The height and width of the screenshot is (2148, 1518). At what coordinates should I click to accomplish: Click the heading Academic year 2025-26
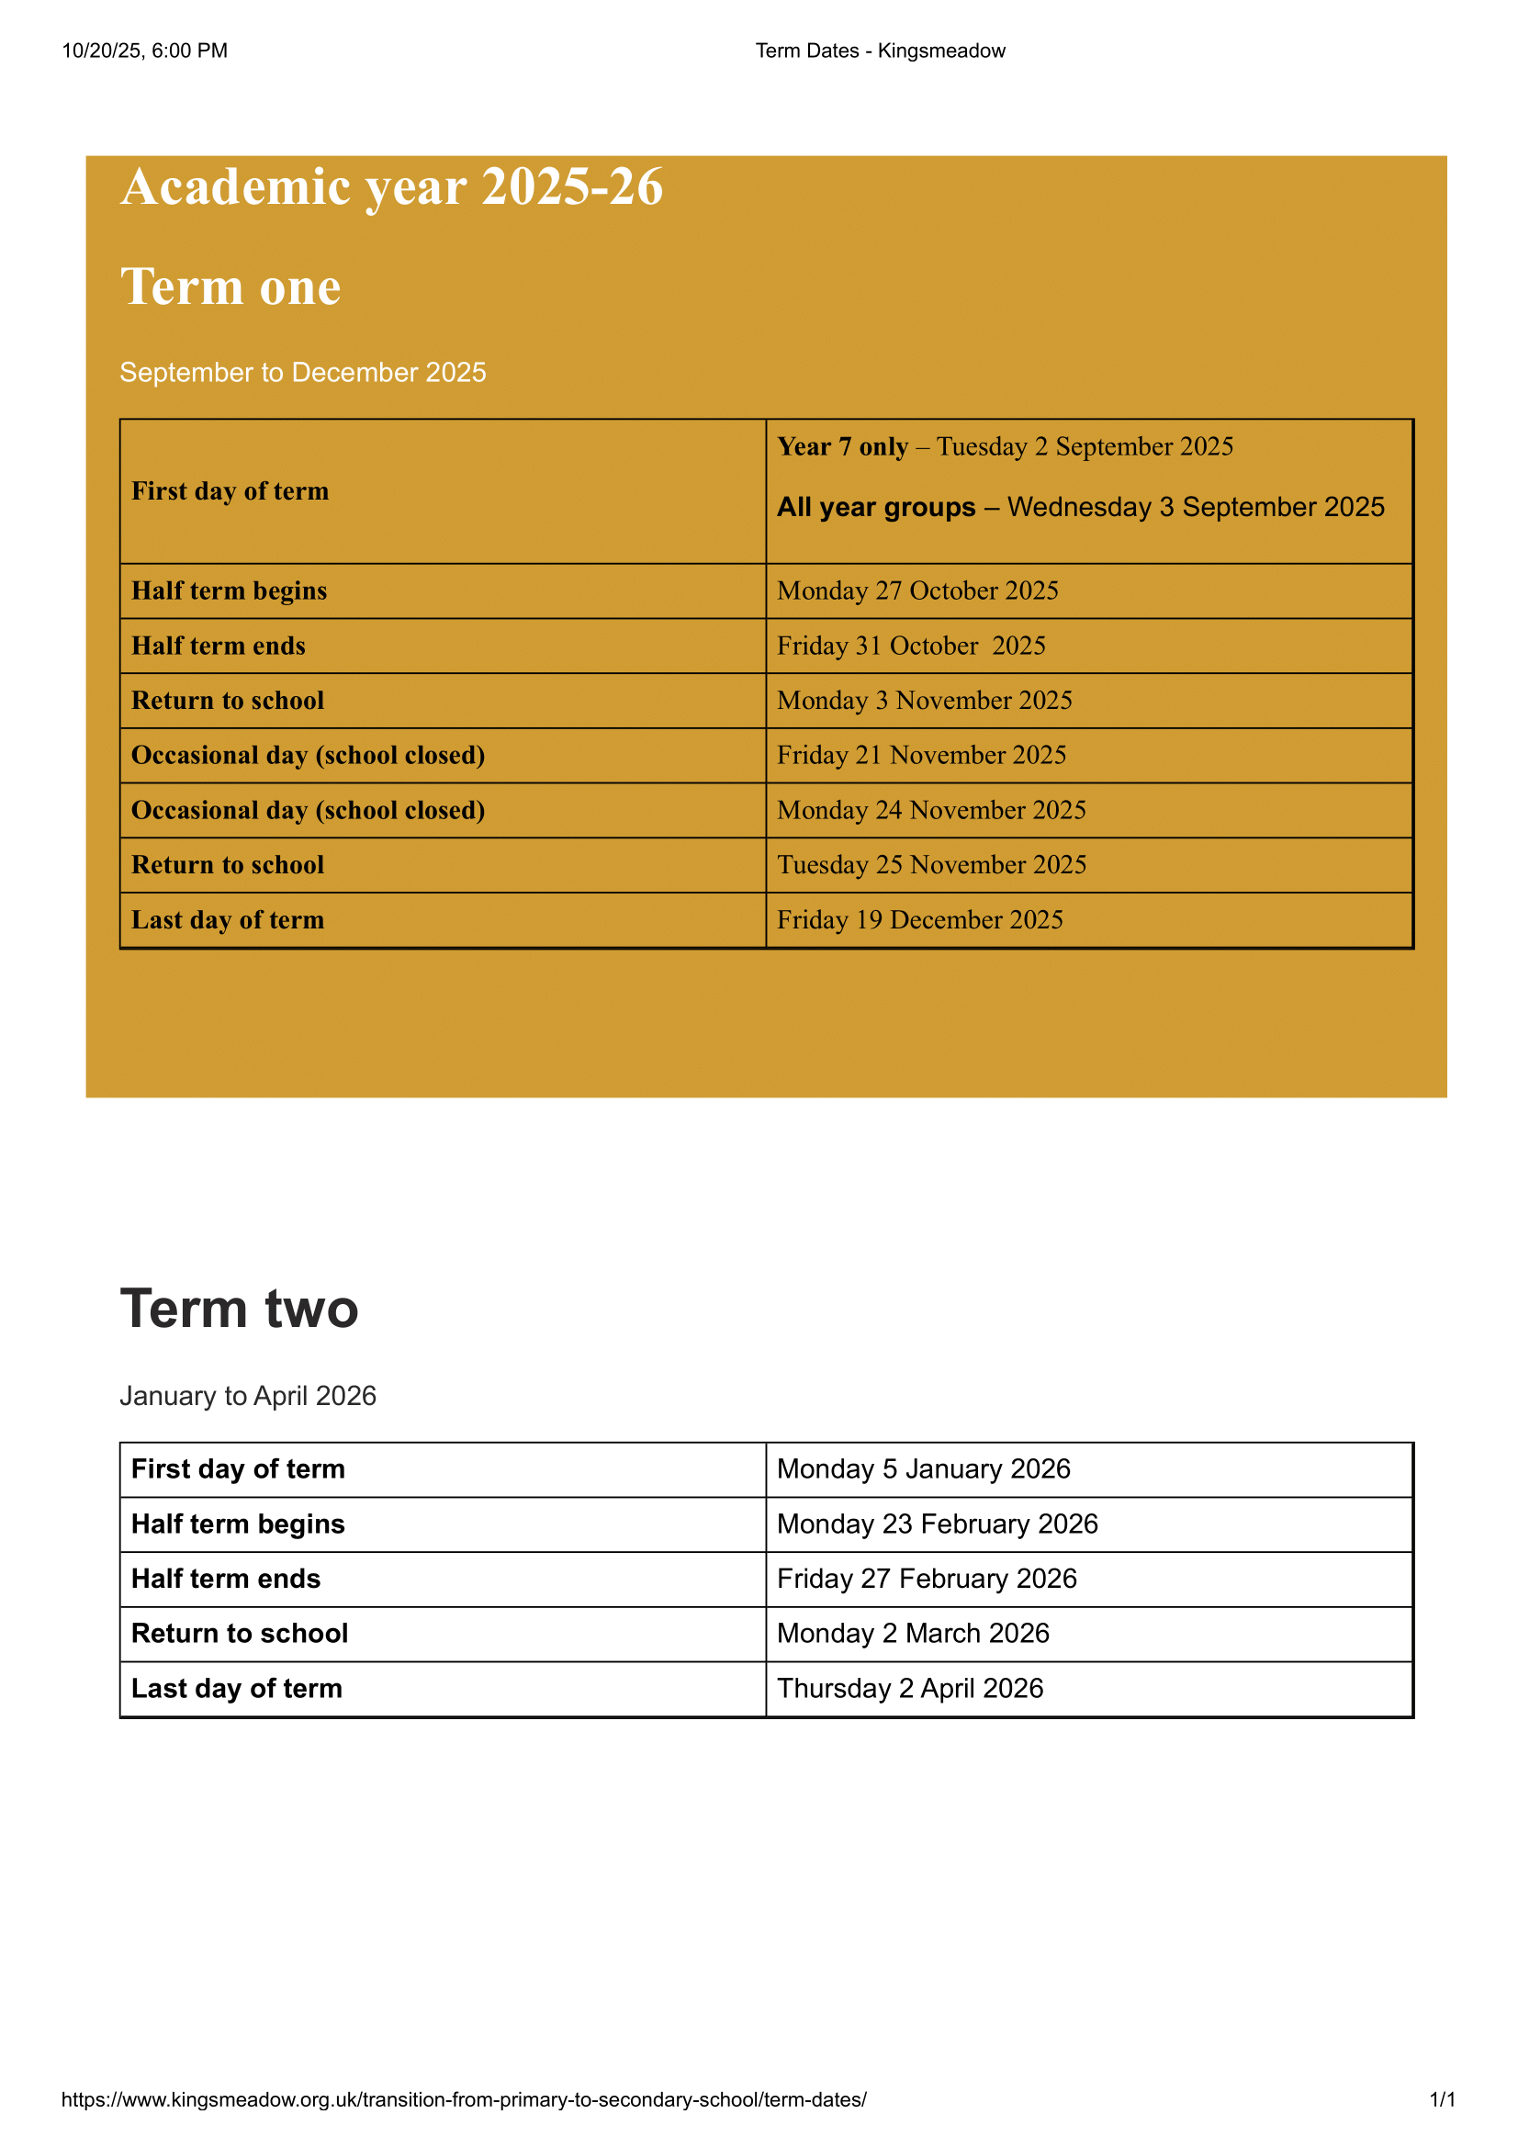[392, 187]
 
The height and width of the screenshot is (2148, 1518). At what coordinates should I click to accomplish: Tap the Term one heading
[231, 287]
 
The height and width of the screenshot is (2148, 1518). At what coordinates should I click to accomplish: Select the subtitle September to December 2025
[303, 372]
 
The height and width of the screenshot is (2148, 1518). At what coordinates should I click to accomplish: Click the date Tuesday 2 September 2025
[1085, 447]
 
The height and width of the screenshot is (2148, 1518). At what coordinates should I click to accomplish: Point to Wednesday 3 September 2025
[1196, 507]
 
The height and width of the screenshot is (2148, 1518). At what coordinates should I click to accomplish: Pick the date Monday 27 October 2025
[917, 591]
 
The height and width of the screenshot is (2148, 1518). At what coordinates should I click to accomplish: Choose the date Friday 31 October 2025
[911, 647]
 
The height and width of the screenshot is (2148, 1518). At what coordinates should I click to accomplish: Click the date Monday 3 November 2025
[924, 701]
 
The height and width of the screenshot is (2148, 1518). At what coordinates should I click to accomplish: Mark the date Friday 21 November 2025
[921, 756]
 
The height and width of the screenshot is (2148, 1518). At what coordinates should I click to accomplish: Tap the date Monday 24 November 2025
[931, 810]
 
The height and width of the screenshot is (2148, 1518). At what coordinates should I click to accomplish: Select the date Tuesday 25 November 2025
[931, 865]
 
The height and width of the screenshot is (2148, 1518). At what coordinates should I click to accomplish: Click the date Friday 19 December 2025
[919, 920]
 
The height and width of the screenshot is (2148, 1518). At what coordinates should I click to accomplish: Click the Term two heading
[240, 1309]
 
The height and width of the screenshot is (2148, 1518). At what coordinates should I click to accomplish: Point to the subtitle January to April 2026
[248, 1396]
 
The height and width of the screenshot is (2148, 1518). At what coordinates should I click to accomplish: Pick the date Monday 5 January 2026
[923, 1469]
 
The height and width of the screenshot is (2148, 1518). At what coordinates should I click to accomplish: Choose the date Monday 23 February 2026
[938, 1524]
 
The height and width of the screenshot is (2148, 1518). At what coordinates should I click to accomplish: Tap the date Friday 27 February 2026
[927, 1580]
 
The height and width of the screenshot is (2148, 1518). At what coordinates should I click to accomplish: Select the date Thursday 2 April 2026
[910, 1689]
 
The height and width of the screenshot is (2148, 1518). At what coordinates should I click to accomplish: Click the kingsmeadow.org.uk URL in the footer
[464, 2099]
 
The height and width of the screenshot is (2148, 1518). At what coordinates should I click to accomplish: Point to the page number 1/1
[1441, 2099]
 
